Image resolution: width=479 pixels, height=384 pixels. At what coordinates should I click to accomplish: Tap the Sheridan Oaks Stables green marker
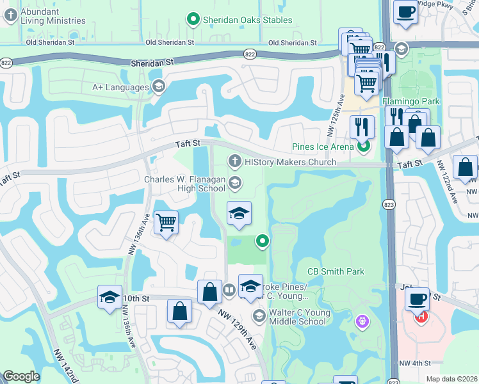pyautogui.click(x=193, y=20)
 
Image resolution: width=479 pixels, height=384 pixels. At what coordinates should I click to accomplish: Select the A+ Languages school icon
pyautogui.click(x=158, y=86)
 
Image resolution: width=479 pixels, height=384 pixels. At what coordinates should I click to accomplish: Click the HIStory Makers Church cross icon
pyautogui.click(x=234, y=161)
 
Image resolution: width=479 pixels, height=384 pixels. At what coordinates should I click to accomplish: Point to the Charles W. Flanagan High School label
pyautogui.click(x=184, y=184)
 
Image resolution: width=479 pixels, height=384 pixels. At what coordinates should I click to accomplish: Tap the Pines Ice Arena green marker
pyautogui.click(x=364, y=147)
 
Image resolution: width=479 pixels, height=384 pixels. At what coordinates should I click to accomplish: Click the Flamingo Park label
pyautogui.click(x=411, y=101)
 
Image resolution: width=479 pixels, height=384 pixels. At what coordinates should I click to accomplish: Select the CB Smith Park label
pyautogui.click(x=336, y=271)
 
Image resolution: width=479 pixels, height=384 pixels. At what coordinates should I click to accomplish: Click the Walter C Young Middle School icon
pyautogui.click(x=259, y=316)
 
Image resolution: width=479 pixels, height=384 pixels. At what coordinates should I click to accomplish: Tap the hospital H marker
pyautogui.click(x=421, y=316)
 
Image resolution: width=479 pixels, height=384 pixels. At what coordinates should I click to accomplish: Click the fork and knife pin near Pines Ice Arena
pyautogui.click(x=362, y=127)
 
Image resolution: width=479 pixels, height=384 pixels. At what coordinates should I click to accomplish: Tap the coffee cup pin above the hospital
pyautogui.click(x=417, y=299)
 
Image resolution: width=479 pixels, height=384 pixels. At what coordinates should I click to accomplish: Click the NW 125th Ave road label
pyautogui.click(x=342, y=108)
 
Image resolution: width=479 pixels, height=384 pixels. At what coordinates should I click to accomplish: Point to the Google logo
pyautogui.click(x=21, y=376)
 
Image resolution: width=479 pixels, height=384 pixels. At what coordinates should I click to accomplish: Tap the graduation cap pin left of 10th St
pyautogui.click(x=110, y=297)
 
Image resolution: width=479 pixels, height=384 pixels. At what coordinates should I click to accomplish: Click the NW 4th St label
pyautogui.click(x=414, y=364)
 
